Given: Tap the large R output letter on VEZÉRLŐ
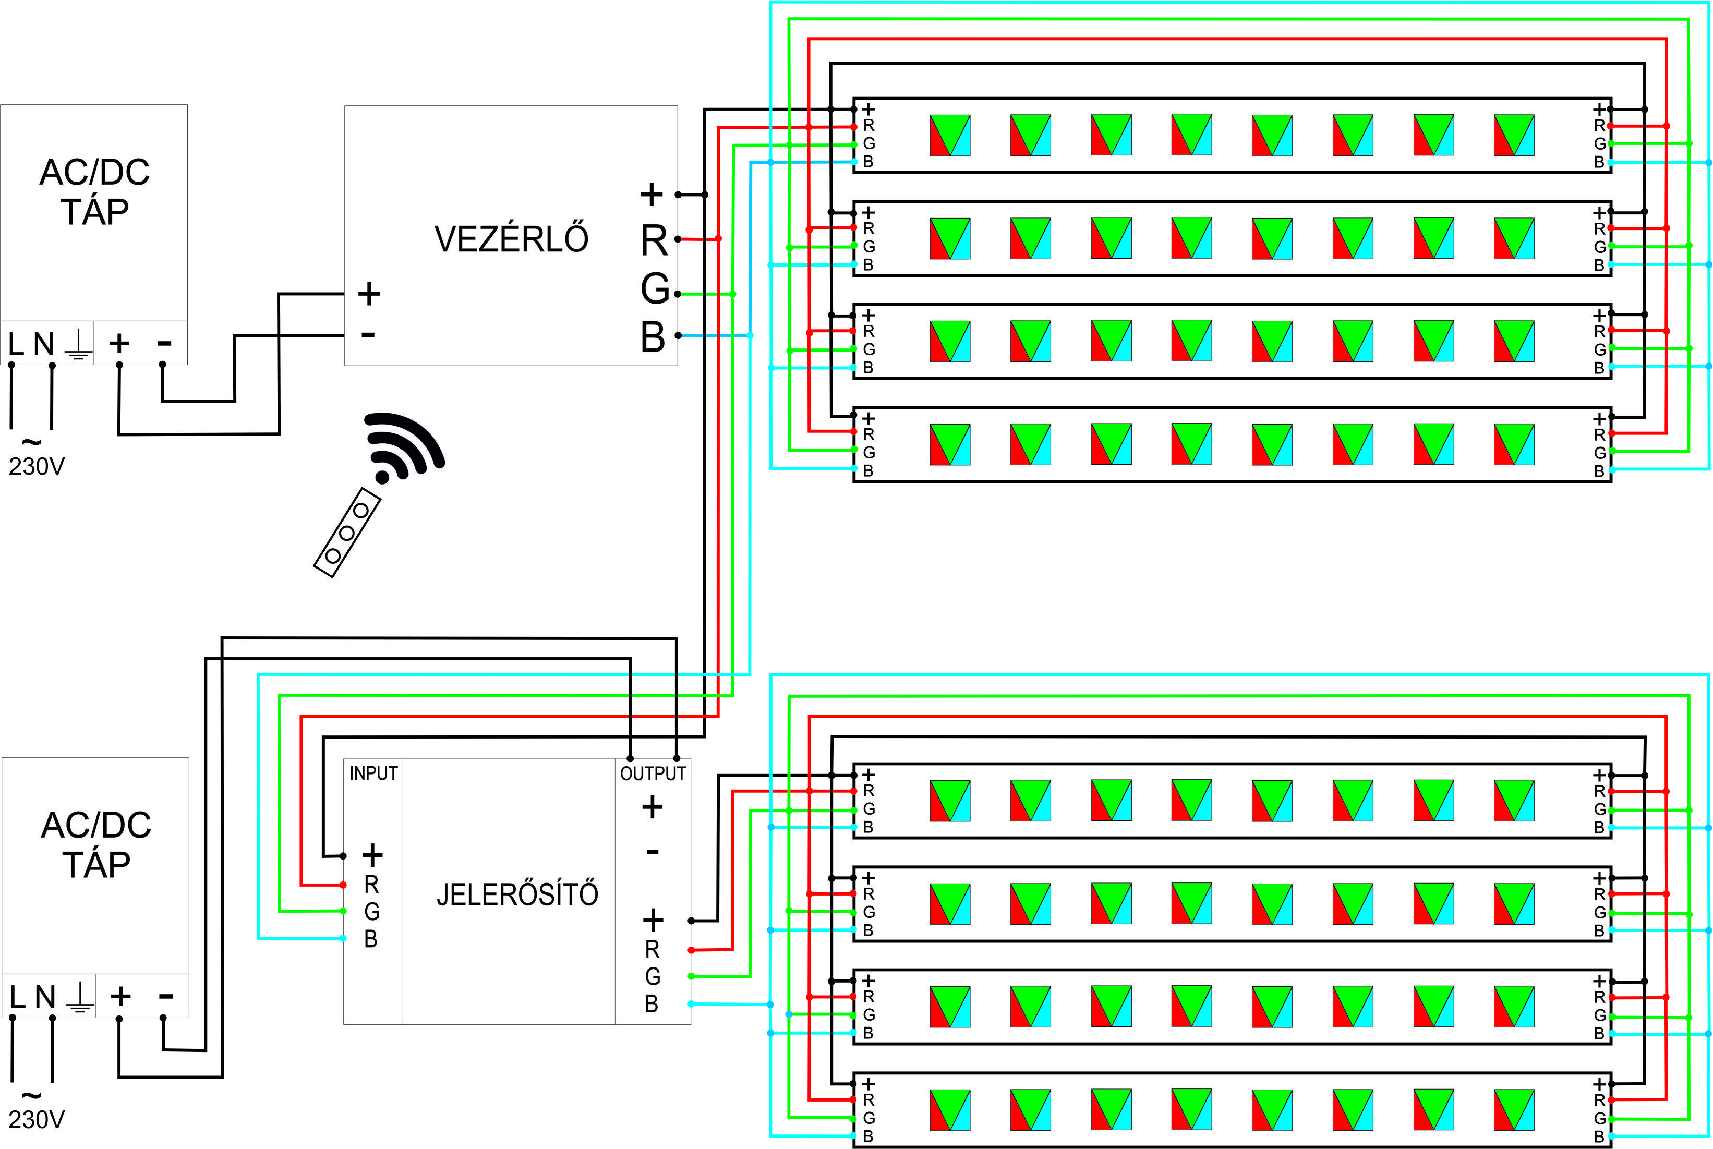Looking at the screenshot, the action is [x=654, y=240].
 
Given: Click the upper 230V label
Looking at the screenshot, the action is [x=37, y=466].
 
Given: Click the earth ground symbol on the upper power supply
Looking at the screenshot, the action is [x=78, y=344].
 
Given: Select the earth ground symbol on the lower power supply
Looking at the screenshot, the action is [x=80, y=997].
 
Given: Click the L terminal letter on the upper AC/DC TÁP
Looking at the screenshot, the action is [x=15, y=344].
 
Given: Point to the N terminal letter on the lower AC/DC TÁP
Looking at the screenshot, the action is [x=45, y=997].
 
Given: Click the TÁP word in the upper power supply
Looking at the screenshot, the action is [x=94, y=212].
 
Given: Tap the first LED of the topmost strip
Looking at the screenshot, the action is [x=949, y=135].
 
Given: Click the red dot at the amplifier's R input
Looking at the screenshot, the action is [x=343, y=885].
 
